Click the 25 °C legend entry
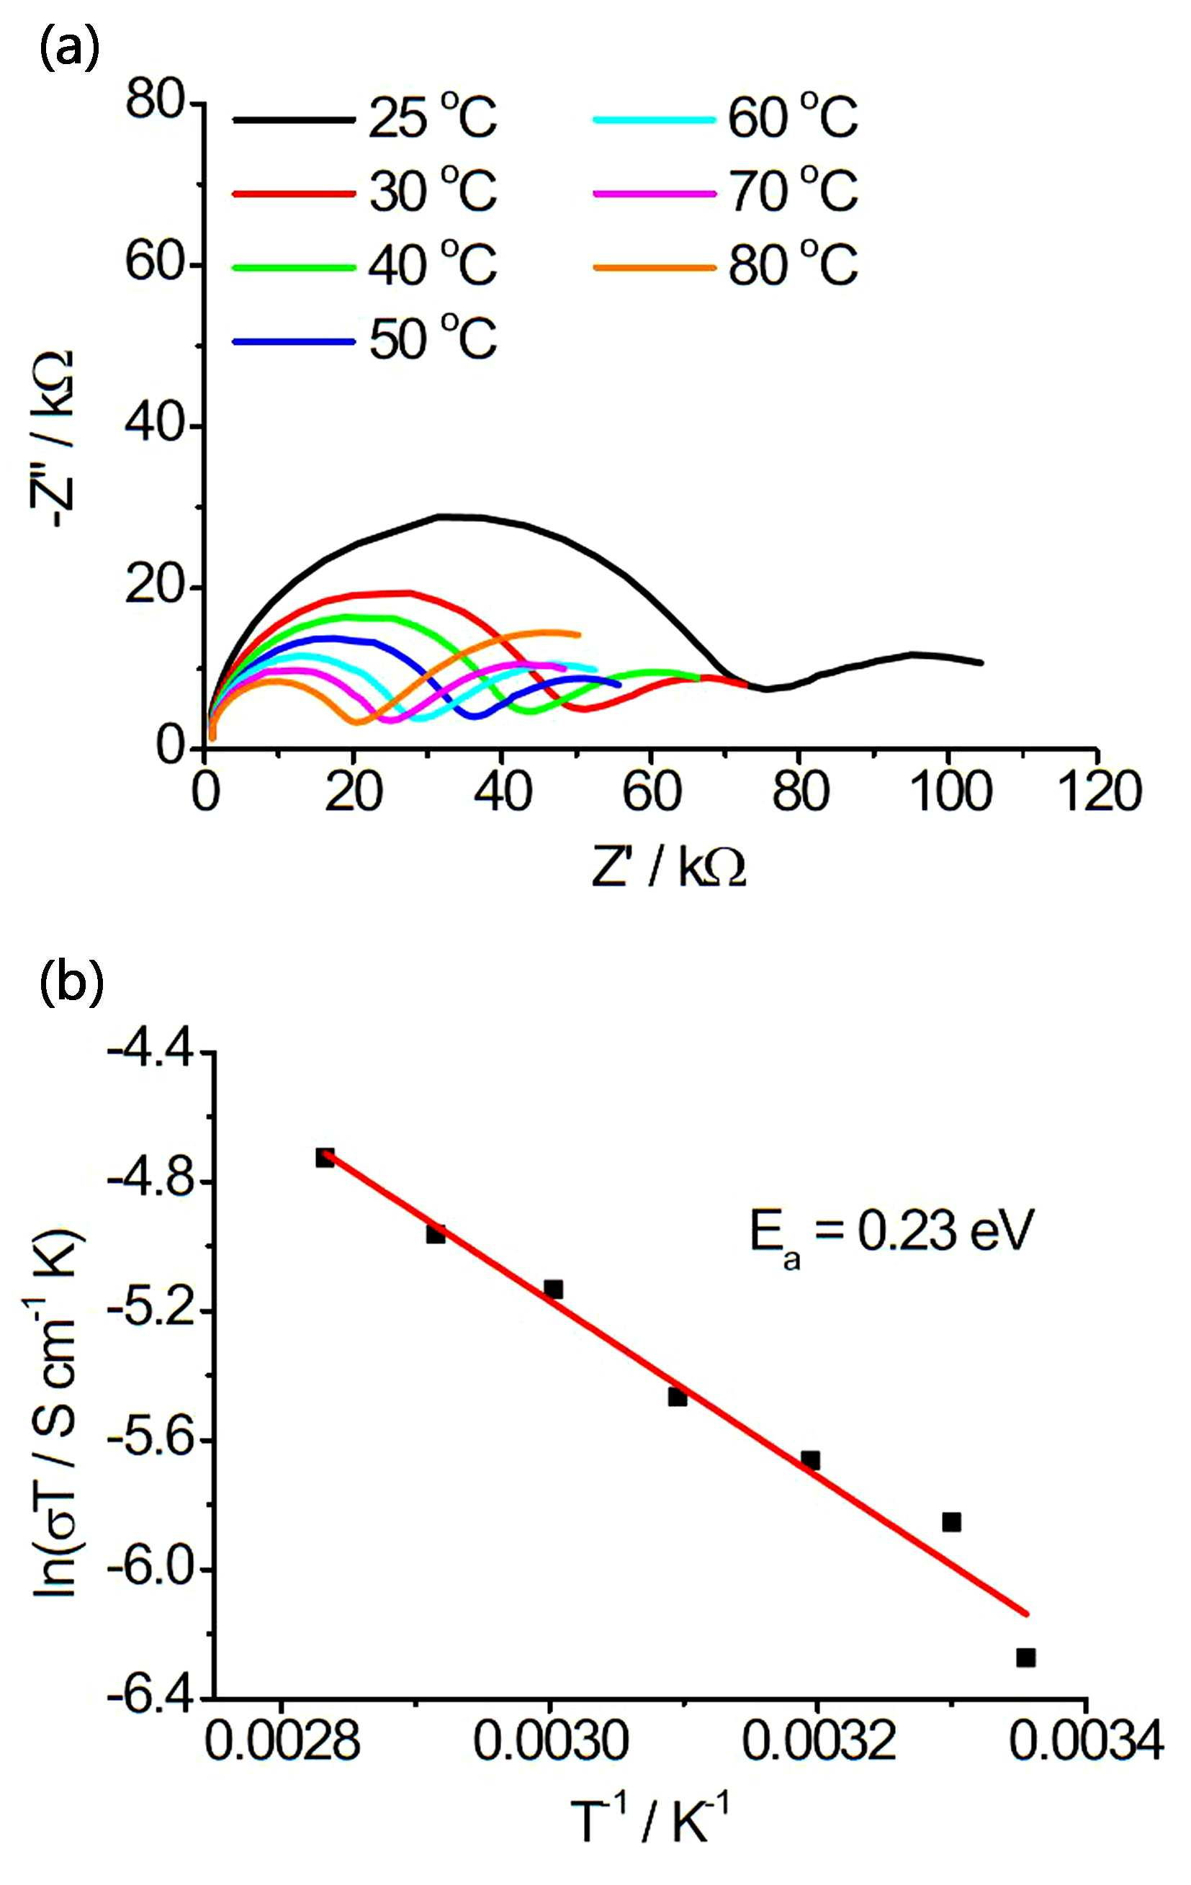[365, 118]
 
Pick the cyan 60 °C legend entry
[726, 118]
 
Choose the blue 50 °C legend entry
[365, 340]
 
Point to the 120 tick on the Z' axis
[1099, 791]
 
